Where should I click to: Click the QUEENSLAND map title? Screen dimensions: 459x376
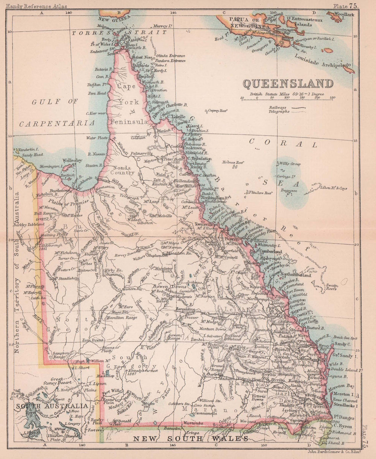click(x=288, y=83)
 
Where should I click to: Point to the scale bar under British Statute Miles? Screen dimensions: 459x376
click(x=287, y=98)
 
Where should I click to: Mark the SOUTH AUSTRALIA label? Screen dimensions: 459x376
click(x=52, y=406)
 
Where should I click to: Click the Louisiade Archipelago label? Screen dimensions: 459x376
click(x=323, y=61)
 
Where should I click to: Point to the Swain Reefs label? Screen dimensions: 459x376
click(x=332, y=287)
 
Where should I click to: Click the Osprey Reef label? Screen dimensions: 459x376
click(x=218, y=111)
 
